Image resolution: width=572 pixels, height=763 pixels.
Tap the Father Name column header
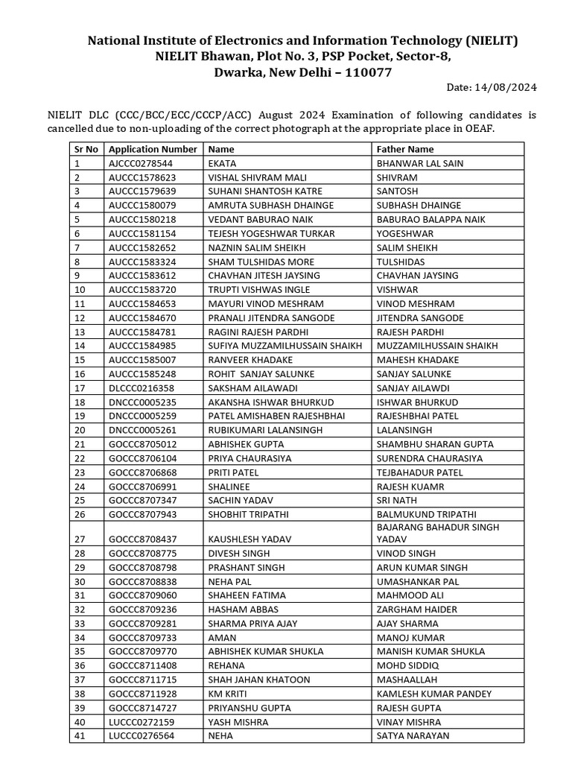[x=405, y=149]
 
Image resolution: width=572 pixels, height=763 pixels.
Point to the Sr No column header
[x=86, y=149]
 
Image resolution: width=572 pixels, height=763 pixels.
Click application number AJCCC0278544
[x=141, y=163]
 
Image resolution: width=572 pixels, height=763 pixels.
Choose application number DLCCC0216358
[x=142, y=388]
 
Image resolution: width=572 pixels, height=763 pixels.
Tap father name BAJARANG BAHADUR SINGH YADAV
[x=438, y=533]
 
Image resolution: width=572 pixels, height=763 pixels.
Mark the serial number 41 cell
[x=80, y=735]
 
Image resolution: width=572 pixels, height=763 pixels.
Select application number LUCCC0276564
[x=142, y=735]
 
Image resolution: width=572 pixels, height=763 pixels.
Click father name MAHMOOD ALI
[x=410, y=595]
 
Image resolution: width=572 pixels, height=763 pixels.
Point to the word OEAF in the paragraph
[x=480, y=129]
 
